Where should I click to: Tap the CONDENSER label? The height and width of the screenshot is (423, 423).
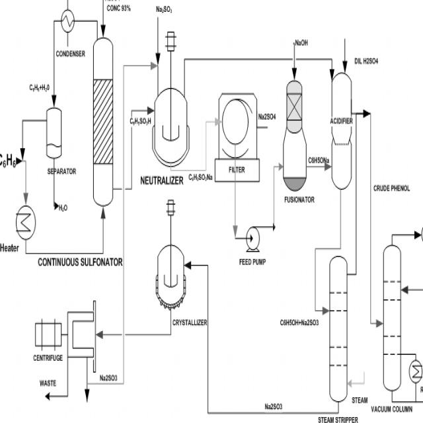pyautogui.click(x=71, y=54)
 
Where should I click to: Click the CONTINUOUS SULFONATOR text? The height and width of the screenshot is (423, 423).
pyautogui.click(x=80, y=262)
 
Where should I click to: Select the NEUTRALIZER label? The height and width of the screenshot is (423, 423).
pyautogui.click(x=161, y=180)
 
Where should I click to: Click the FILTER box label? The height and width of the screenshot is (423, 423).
pyautogui.click(x=237, y=170)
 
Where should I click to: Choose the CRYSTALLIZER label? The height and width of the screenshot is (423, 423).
pyautogui.click(x=190, y=322)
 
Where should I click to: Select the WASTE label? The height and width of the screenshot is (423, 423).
pyautogui.click(x=48, y=383)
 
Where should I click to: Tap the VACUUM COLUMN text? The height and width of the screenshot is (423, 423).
pyautogui.click(x=392, y=408)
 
